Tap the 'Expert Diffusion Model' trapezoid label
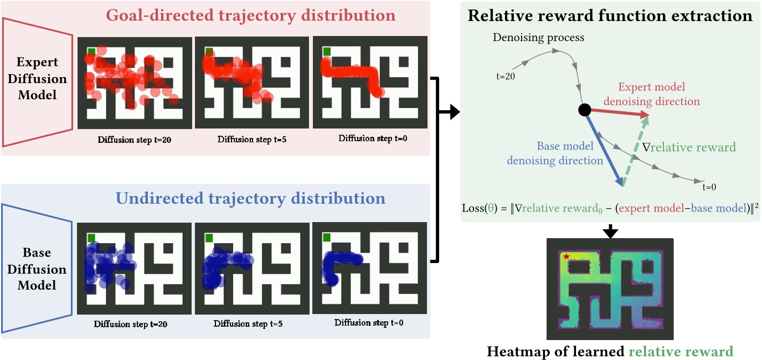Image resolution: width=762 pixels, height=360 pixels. [37, 79]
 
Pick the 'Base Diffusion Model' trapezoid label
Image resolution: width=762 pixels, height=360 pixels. [37, 269]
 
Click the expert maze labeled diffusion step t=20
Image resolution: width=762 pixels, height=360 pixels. [135, 82]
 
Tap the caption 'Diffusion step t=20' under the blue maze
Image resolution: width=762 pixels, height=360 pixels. [131, 323]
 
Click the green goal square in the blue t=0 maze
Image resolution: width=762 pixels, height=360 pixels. [327, 238]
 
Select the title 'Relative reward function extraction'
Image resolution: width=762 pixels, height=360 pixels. [610, 15]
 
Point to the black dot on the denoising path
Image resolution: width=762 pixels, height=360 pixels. [584, 110]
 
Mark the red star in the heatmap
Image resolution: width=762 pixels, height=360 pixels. [566, 256]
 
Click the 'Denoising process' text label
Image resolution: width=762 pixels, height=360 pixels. [538, 38]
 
